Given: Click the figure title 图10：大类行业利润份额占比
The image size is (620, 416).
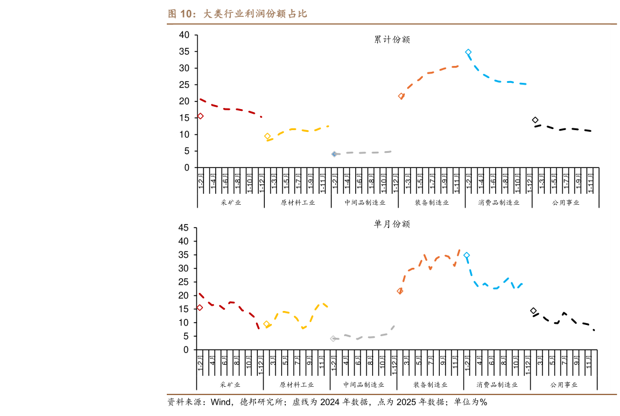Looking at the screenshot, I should [x=237, y=14].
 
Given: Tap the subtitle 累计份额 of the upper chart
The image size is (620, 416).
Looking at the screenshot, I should [x=392, y=40].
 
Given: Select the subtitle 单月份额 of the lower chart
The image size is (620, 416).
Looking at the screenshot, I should [x=392, y=224].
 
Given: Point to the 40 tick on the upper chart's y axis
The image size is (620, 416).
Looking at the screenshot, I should [x=184, y=35].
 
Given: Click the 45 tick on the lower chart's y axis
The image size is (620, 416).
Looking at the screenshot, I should [x=184, y=228].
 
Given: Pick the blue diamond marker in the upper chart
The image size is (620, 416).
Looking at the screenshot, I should [x=468, y=52].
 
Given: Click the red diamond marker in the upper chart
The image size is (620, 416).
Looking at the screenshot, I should [x=200, y=116].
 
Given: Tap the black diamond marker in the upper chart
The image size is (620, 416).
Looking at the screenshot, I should [x=535, y=120].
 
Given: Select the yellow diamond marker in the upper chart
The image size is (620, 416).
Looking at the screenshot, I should [x=268, y=137].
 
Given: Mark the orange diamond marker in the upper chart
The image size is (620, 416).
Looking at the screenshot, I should [x=401, y=96].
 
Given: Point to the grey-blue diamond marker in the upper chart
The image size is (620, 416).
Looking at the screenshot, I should [x=334, y=154].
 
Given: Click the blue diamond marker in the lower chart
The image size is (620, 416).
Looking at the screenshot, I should [x=467, y=256].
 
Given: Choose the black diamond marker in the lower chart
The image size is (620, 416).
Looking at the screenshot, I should [x=533, y=311].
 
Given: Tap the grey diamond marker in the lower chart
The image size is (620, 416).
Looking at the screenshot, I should [x=333, y=338].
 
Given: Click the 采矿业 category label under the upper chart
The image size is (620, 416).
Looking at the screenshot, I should [x=230, y=202].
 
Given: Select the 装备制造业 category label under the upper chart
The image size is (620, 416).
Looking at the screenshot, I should [x=432, y=202].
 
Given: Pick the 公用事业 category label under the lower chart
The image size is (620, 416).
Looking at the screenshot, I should [x=565, y=384].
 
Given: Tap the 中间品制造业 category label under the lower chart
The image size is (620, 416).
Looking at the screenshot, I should [x=364, y=384].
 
